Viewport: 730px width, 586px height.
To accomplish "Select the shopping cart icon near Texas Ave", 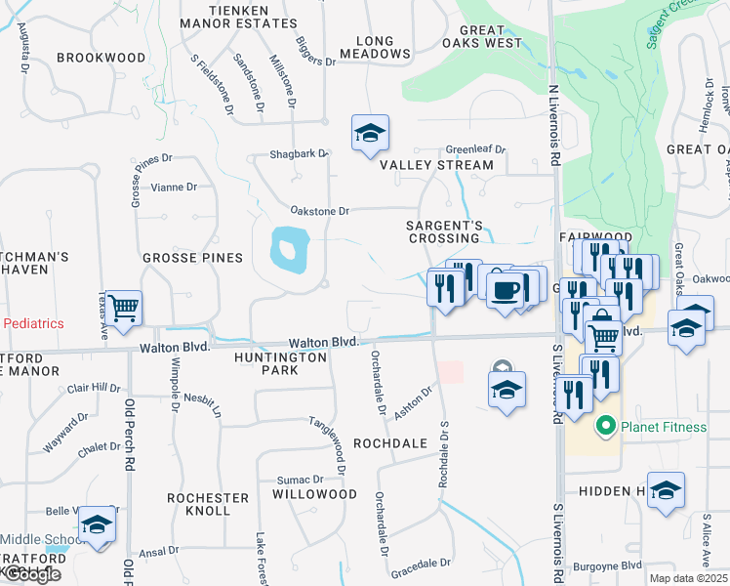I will [124, 309].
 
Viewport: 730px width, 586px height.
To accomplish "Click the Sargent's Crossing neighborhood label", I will [445, 231].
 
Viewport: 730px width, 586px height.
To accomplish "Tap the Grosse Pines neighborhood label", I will [192, 258].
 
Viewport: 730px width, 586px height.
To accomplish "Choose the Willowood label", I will [314, 494].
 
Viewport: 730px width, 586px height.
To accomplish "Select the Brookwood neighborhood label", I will [101, 58].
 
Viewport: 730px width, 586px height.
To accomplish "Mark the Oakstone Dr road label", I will [320, 211].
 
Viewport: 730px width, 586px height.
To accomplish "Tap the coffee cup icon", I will [506, 290].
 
